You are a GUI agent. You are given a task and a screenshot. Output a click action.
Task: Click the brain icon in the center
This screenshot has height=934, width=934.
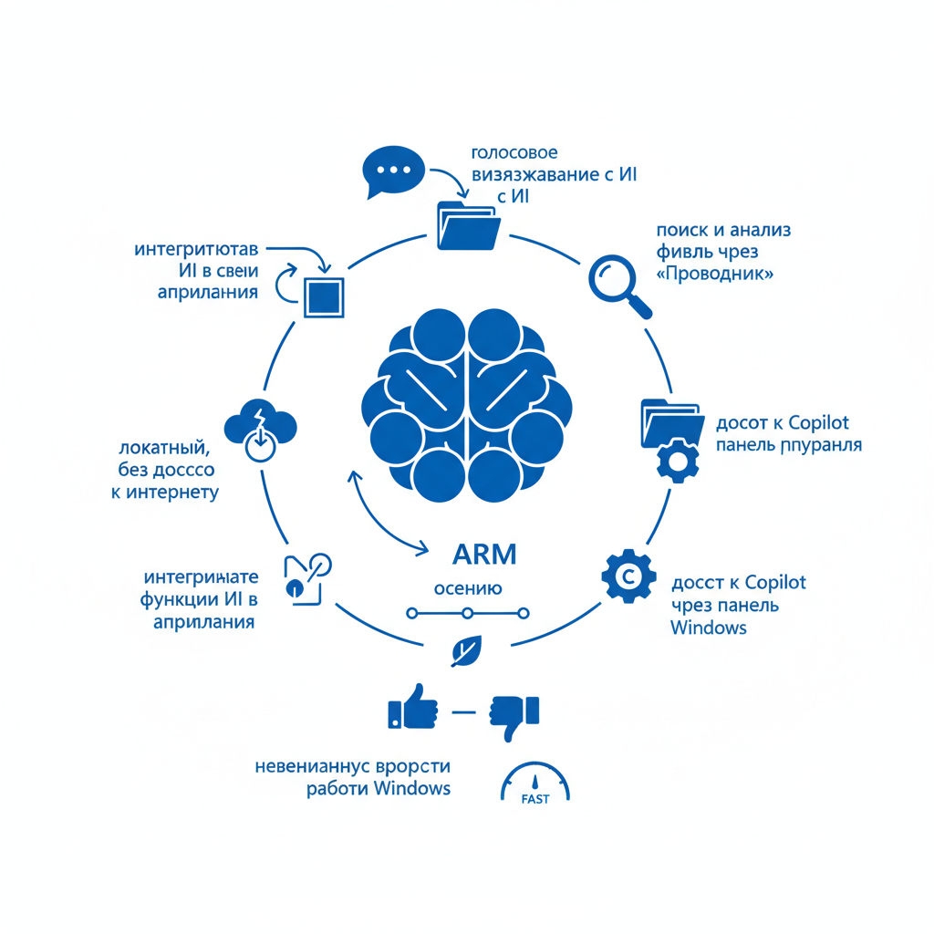point(467,401)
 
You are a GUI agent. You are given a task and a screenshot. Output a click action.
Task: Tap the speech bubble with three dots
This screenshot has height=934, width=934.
point(393,170)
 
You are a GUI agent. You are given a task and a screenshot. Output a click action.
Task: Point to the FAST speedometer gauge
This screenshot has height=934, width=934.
point(535,784)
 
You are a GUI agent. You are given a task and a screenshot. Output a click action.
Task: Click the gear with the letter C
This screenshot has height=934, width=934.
point(628,575)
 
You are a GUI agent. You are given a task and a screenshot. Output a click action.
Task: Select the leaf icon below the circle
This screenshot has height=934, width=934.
point(466,651)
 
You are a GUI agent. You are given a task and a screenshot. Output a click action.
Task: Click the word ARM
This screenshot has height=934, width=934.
point(484,554)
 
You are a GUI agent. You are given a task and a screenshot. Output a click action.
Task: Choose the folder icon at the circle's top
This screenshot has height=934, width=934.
point(468,224)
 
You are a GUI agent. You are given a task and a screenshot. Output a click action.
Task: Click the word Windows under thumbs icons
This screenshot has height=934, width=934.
point(412,788)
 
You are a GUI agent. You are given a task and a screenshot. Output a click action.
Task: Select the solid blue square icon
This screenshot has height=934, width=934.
point(325,296)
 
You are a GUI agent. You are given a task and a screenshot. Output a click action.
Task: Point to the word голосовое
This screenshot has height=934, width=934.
point(514,151)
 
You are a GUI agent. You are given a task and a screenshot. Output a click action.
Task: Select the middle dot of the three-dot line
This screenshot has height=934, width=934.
point(467,613)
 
